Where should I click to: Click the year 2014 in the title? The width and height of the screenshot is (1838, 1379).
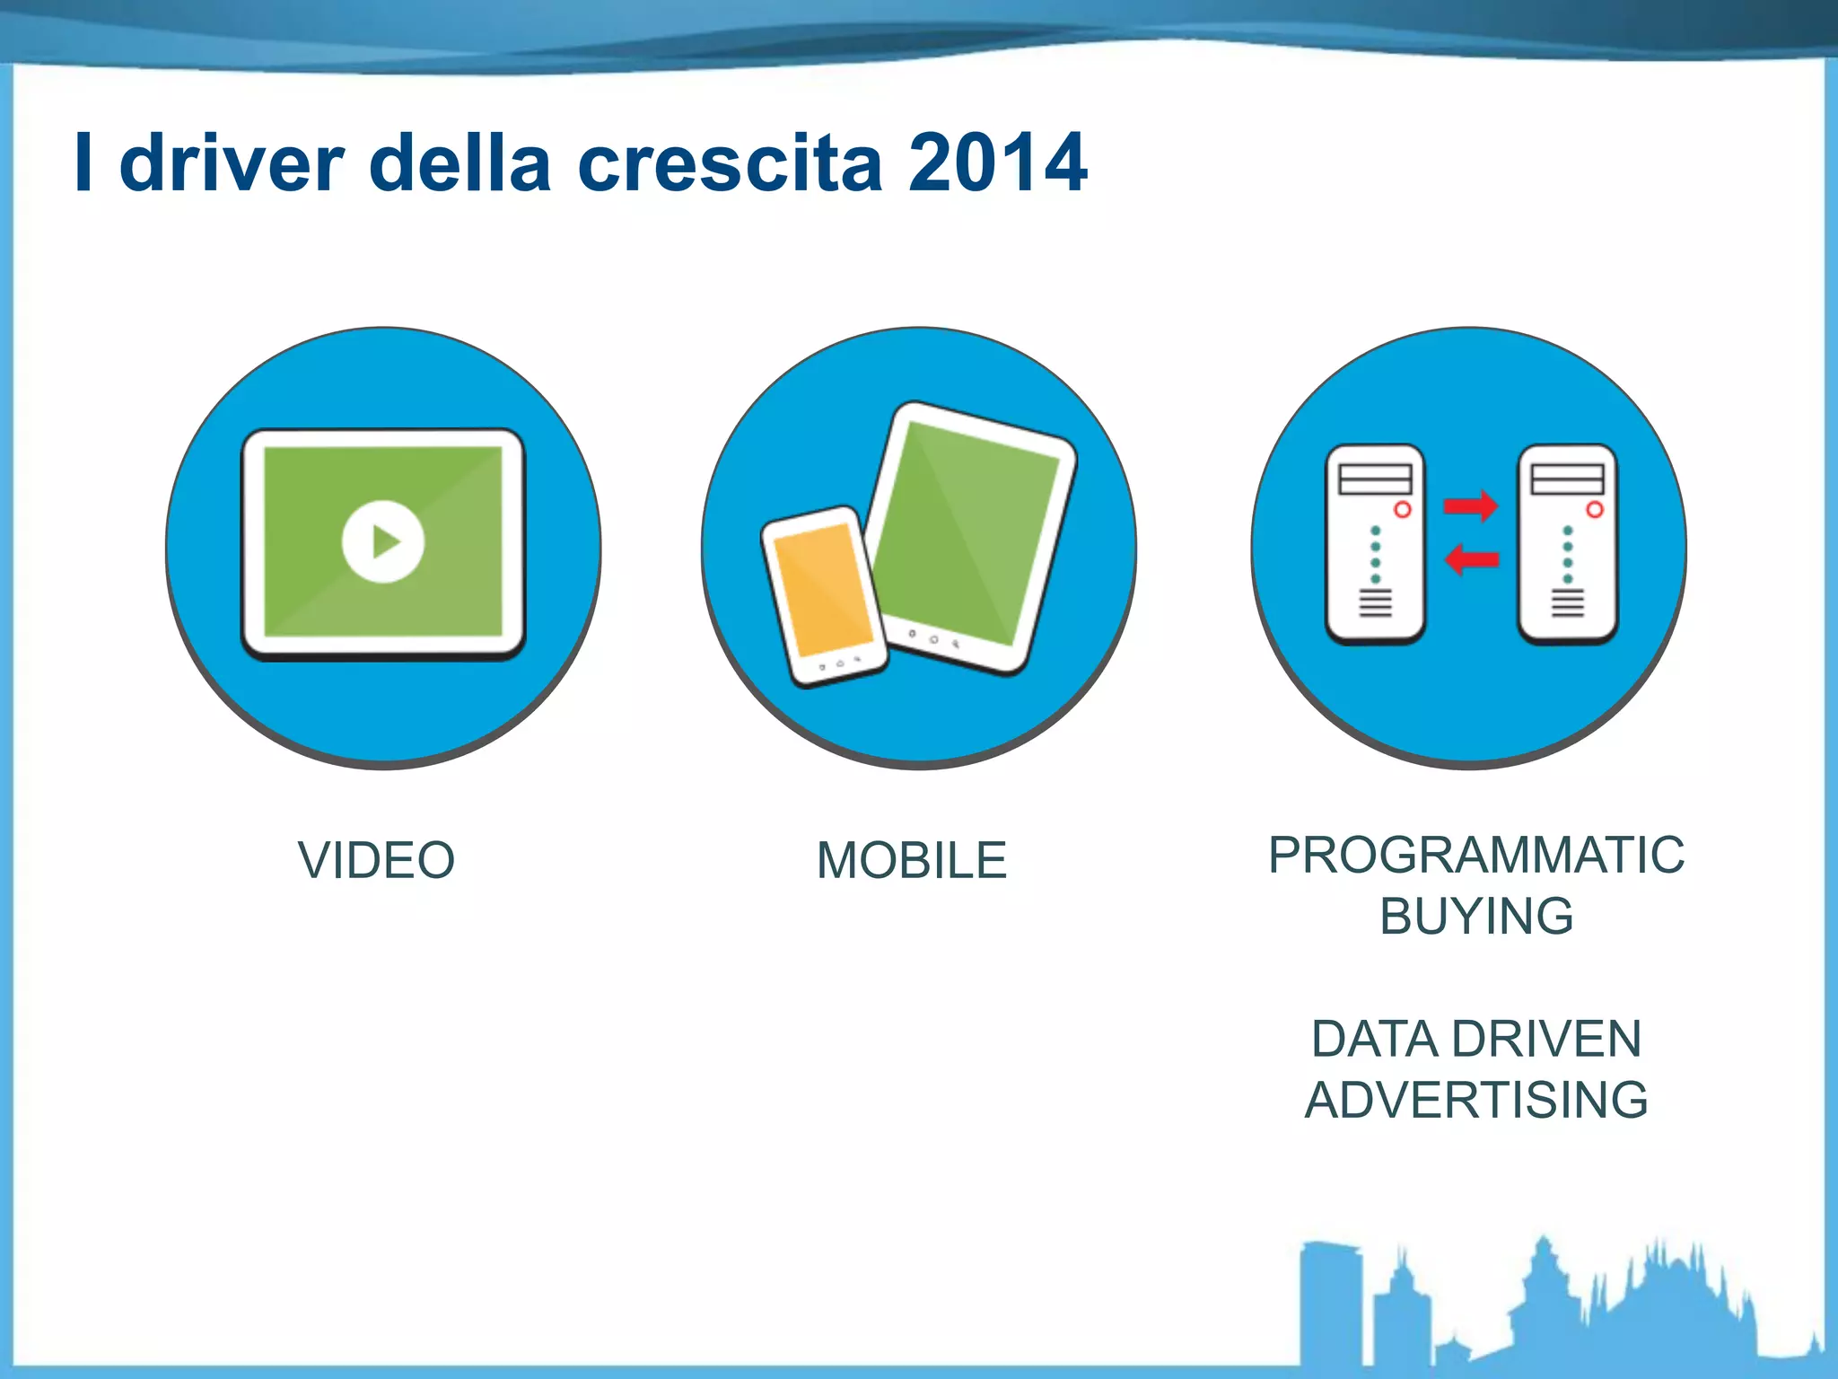coord(997,162)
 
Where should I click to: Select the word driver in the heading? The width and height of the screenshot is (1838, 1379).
coord(232,162)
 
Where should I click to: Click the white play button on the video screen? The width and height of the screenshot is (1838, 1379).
coord(383,541)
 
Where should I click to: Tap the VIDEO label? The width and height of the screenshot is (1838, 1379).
coord(377,860)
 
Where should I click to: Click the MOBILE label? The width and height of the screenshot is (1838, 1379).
coord(912,860)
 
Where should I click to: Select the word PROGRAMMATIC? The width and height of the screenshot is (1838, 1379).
coord(1475,854)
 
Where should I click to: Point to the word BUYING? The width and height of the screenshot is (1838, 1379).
coord(1476,916)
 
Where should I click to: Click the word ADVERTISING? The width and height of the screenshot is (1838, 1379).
coord(1476,1100)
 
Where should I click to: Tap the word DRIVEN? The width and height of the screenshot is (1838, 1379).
coord(1546,1039)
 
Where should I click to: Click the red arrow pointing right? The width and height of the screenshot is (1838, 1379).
coord(1470,505)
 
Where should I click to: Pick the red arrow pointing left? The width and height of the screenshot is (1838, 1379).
coord(1470,560)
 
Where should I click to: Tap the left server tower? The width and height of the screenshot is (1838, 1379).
coord(1375,544)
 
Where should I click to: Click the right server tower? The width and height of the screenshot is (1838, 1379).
coord(1567,544)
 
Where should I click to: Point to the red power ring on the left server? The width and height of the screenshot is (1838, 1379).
coord(1402,510)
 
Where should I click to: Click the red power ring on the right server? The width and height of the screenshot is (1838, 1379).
coord(1594,510)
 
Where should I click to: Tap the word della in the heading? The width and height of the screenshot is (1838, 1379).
coord(459,162)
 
